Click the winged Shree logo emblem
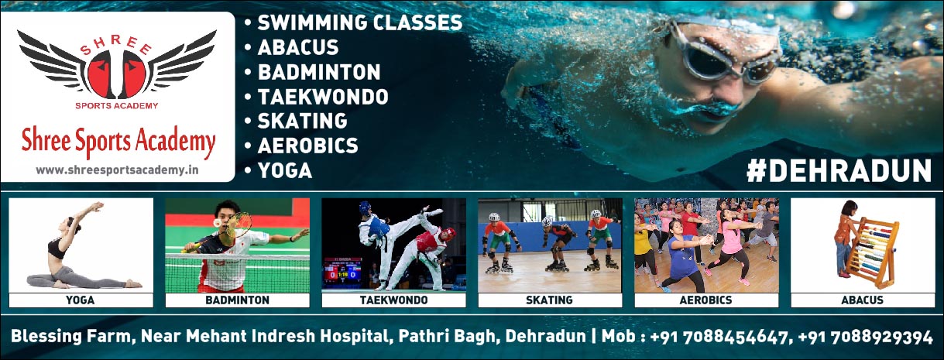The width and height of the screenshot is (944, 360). [117, 67]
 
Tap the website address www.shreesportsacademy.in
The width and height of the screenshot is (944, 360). [117, 170]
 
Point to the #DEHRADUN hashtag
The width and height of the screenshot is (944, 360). [839, 171]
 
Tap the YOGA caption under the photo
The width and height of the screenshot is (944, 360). [80, 300]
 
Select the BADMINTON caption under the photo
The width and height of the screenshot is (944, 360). [237, 300]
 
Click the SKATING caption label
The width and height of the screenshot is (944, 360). [549, 300]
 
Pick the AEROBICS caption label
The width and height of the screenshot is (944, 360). [706, 300]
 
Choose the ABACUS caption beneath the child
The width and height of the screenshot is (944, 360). [862, 300]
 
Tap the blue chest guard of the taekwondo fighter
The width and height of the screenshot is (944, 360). [379, 227]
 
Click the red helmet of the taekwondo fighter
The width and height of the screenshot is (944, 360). [449, 233]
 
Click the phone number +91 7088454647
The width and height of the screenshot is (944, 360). [719, 337]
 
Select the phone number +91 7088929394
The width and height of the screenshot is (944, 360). [865, 337]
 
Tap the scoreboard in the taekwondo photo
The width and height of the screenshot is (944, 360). [342, 272]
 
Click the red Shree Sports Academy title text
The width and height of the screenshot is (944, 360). [118, 141]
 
